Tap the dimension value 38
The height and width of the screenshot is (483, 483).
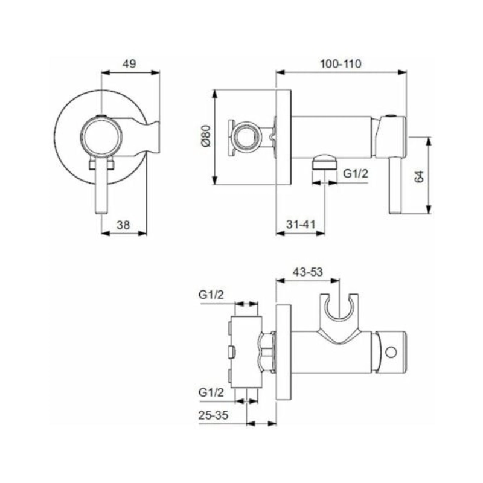(x=124, y=225)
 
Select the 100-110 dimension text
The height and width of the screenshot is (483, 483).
(x=341, y=63)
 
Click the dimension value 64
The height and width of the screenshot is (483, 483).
(x=420, y=176)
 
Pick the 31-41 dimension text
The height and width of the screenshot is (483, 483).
(x=301, y=225)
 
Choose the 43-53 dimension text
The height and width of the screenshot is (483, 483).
(x=307, y=272)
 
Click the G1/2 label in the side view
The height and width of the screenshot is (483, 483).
(x=356, y=173)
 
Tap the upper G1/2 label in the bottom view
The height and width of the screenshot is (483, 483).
(x=213, y=295)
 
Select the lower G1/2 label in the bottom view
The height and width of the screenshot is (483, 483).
(x=213, y=392)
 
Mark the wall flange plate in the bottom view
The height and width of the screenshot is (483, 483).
(x=283, y=351)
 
